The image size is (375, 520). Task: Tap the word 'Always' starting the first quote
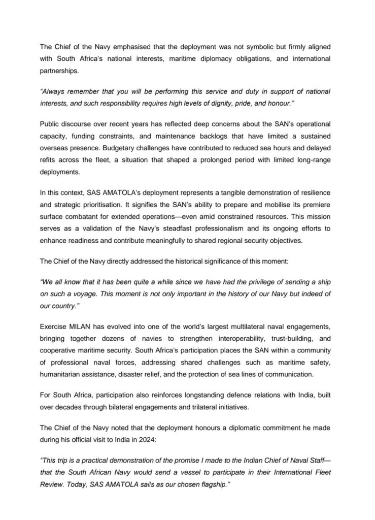click(53, 91)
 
